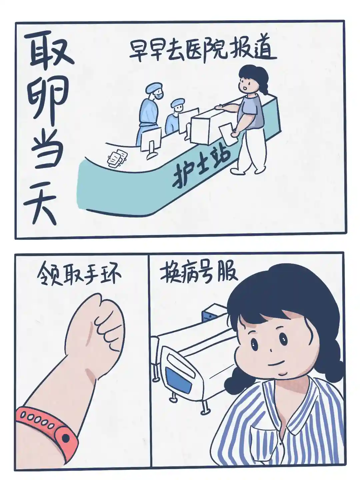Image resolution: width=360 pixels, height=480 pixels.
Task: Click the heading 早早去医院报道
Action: [x=203, y=49]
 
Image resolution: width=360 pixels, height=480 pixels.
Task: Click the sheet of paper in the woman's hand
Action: [x=229, y=134]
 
